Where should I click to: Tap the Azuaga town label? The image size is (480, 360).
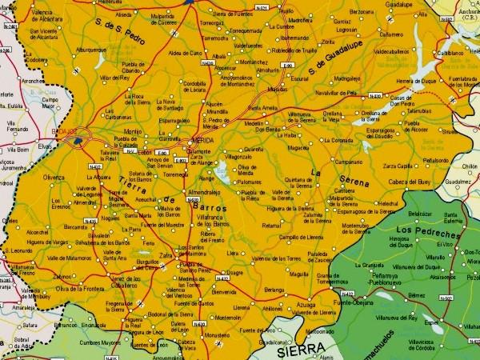[306, 306]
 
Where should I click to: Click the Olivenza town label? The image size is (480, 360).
[54, 177]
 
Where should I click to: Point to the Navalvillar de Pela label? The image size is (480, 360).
[335, 94]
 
